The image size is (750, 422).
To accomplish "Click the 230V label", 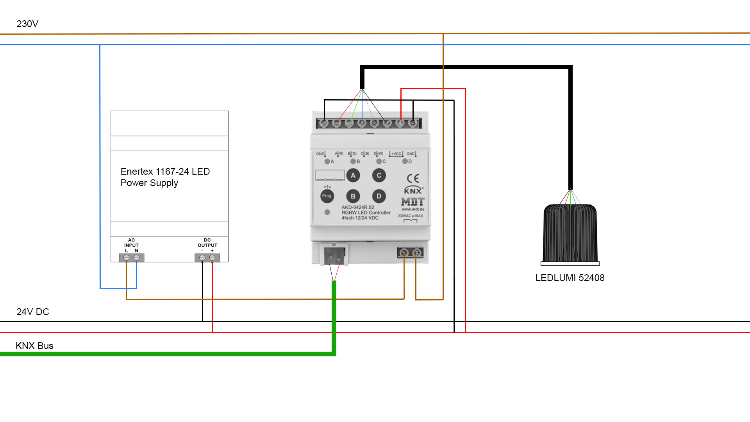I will click(27, 24).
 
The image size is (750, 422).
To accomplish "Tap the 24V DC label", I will click(33, 312).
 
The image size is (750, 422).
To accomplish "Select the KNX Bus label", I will click(34, 346).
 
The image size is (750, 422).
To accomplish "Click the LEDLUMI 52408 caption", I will click(570, 278).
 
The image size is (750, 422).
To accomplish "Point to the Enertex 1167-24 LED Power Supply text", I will click(165, 177).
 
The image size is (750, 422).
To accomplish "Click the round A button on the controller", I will click(353, 175).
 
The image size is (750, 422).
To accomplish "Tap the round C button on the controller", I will click(379, 175).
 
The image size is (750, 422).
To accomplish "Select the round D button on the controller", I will click(379, 196).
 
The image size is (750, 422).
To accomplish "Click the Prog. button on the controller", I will click(327, 196).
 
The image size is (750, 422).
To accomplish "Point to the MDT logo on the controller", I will click(413, 202).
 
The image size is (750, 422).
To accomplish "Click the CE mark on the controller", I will click(413, 179).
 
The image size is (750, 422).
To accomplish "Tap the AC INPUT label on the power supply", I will click(131, 243).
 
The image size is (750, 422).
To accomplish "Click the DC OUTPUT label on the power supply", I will click(207, 243).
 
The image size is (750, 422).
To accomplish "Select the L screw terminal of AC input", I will click(126, 258).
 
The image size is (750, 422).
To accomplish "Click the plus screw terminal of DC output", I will click(212, 258).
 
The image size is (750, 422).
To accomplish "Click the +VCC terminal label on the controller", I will click(396, 154).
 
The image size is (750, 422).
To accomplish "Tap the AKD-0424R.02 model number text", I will click(358, 207).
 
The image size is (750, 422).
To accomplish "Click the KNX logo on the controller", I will click(413, 191).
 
